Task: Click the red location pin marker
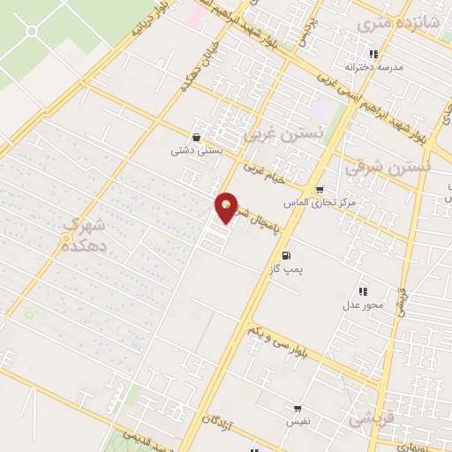pyautogui.click(x=227, y=207)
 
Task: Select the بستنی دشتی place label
pyautogui.click(x=195, y=151)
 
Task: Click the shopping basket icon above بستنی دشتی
pyautogui.click(x=196, y=137)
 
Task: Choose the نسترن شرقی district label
pyautogui.click(x=388, y=164)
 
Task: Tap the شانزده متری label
pyautogui.click(x=386, y=26)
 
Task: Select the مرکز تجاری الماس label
pyautogui.click(x=320, y=203)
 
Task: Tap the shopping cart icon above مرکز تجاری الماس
pyautogui.click(x=320, y=189)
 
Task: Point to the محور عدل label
pyautogui.click(x=362, y=305)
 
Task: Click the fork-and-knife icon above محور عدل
pyautogui.click(x=362, y=291)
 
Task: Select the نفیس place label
pyautogui.click(x=298, y=423)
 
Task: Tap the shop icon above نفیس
pyautogui.click(x=298, y=409)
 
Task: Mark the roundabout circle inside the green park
pyautogui.click(x=32, y=32)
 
